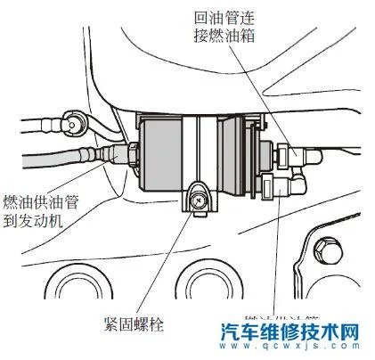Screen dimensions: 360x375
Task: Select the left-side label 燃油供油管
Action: (41, 203)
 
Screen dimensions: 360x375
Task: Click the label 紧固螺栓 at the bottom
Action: (135, 322)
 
